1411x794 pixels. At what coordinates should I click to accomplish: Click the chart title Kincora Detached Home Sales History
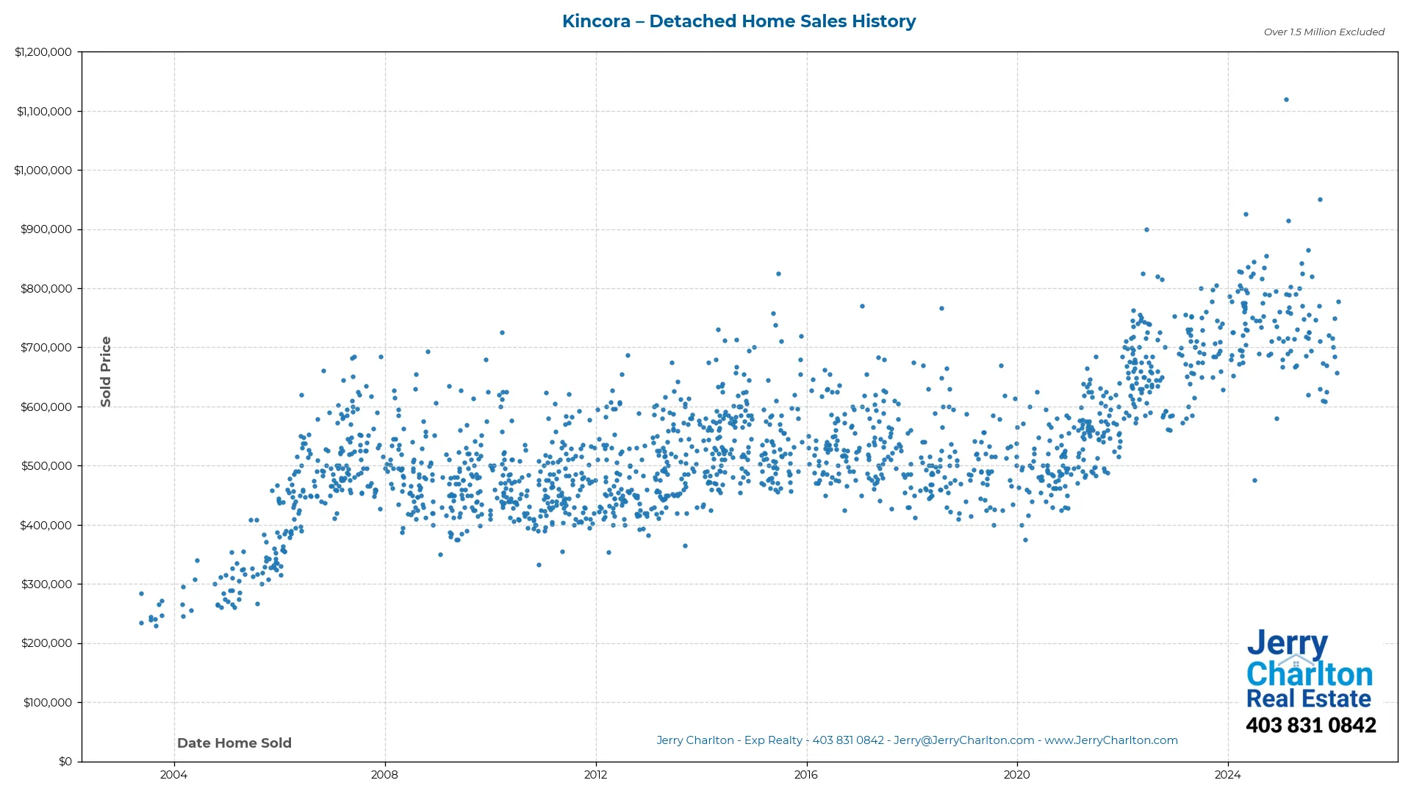click(739, 21)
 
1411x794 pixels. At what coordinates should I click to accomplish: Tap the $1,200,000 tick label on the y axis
click(43, 52)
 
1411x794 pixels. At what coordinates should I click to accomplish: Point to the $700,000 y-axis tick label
click(46, 348)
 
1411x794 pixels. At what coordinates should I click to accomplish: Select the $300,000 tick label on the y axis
click(46, 584)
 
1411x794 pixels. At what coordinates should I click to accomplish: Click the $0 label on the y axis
click(65, 762)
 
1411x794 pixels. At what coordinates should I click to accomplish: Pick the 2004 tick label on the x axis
click(173, 775)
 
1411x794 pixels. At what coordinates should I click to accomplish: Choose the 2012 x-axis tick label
click(595, 775)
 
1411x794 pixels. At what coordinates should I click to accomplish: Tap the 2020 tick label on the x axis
click(1017, 775)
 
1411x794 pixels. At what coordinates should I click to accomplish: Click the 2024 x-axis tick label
click(1227, 775)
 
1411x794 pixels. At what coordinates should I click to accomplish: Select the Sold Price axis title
click(106, 372)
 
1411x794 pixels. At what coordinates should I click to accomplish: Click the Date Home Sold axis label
click(234, 743)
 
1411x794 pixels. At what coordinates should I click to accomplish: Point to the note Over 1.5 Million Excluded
click(1324, 32)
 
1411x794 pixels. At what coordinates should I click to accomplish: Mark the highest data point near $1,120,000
click(1286, 100)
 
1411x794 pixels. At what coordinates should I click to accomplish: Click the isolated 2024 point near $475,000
click(1254, 481)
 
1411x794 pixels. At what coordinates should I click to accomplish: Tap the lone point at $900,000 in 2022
click(1146, 230)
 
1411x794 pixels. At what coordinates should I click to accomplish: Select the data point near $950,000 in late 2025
click(1320, 200)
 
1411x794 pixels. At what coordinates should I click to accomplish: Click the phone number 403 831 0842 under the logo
click(1310, 726)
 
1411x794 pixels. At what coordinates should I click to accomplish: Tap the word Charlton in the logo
click(1310, 674)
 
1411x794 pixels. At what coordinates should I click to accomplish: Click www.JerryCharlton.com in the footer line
click(1111, 741)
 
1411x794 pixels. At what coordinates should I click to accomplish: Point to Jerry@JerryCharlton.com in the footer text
click(963, 741)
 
